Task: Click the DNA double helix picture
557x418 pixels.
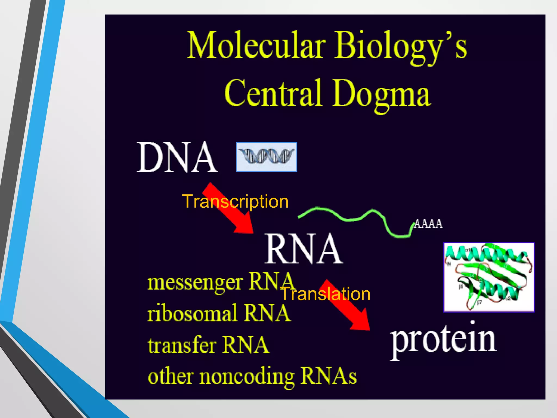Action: pos(267,157)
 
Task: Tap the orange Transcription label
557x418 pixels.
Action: pos(236,202)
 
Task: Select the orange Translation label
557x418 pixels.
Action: pos(325,294)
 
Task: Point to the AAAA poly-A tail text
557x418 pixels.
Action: pos(428,224)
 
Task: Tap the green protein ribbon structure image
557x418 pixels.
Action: pos(489,277)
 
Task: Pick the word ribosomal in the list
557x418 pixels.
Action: pos(192,313)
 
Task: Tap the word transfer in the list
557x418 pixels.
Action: pos(182,345)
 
